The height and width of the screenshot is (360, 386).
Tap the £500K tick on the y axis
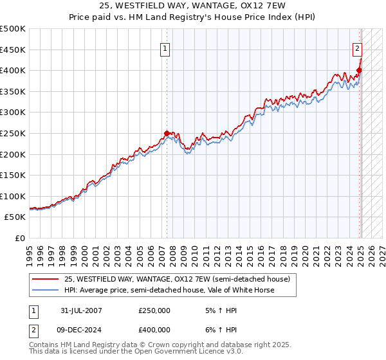click(13, 29)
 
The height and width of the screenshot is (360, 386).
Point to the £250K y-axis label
click(13, 133)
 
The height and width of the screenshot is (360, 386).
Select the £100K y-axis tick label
click(13, 196)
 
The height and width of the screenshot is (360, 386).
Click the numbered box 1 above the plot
click(165, 48)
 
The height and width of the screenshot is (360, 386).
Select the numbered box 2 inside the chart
click(357, 48)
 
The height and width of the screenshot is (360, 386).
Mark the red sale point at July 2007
click(167, 134)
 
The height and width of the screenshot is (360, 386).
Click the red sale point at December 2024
click(359, 71)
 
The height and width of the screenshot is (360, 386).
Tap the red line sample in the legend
click(46, 279)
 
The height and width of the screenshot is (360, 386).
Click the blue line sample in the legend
click(46, 290)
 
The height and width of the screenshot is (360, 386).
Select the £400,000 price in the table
click(154, 329)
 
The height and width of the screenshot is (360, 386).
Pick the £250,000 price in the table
click(154, 310)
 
